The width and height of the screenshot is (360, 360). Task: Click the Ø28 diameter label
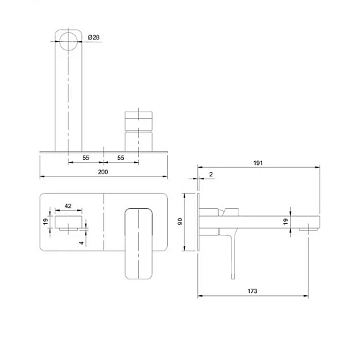pos(94,37)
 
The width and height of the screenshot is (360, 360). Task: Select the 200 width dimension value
pos(103,172)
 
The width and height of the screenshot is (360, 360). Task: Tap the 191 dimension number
pos(258,163)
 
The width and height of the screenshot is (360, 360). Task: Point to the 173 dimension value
pos(252,291)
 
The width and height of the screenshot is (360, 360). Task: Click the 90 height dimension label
pos(180,221)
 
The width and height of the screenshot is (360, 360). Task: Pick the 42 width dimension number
pos(68,206)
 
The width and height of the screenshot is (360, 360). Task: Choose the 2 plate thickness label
pos(211,174)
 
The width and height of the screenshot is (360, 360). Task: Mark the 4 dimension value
pos(82,243)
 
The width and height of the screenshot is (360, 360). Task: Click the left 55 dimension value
pos(86,158)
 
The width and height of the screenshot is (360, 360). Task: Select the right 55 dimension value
pos(121,158)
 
